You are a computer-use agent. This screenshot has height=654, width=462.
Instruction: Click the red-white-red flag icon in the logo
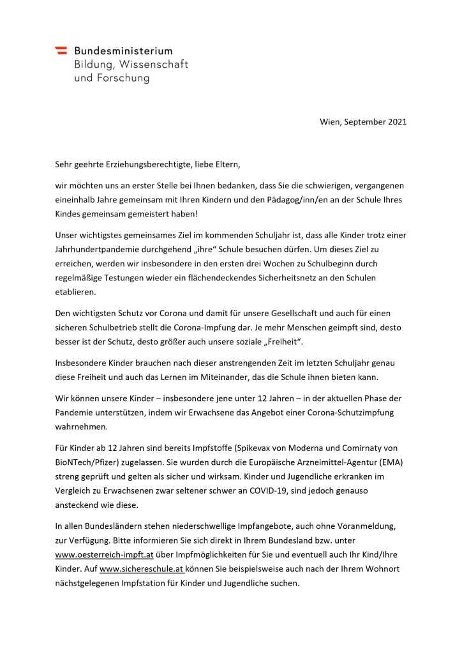pos(61,50)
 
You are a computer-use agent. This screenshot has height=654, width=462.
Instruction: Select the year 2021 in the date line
pos(396,121)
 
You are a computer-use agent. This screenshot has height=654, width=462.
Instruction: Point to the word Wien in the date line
pos(331,121)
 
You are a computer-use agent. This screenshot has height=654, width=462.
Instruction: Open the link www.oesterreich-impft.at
pos(105,538)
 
